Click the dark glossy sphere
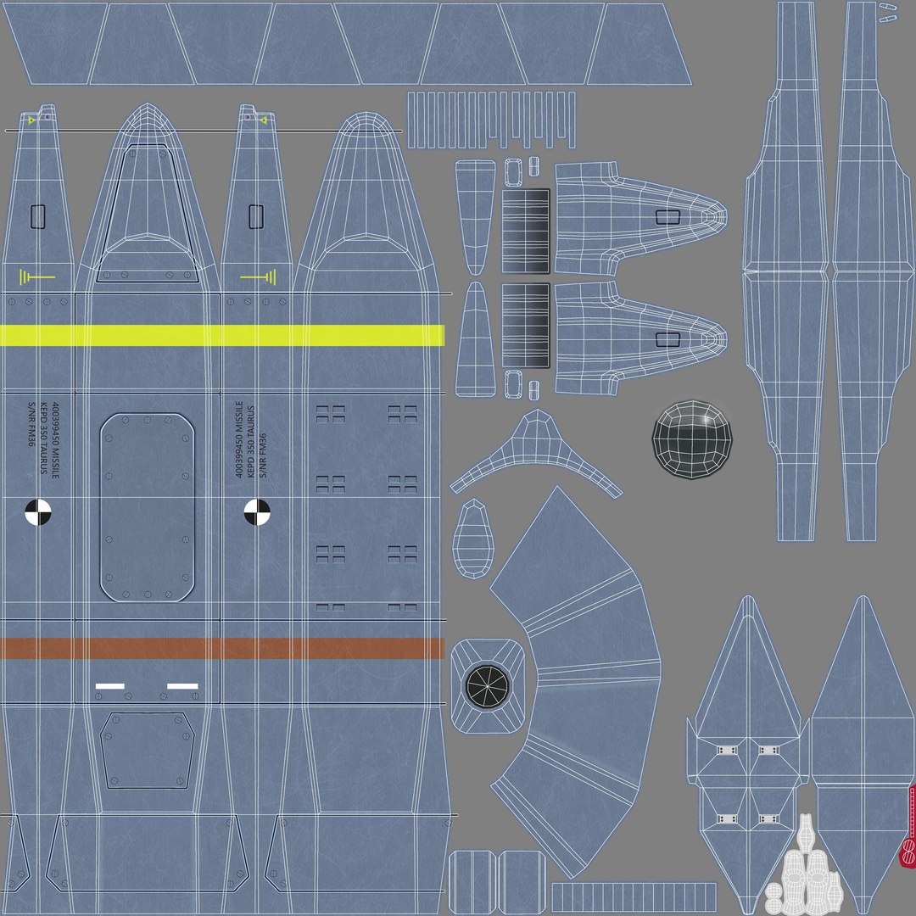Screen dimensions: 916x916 pyautogui.click(x=694, y=439)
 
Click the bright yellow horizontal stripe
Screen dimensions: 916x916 pyautogui.click(x=221, y=335)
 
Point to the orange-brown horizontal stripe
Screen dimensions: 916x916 pyautogui.click(x=221, y=648)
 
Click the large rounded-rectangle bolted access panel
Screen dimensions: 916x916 pyautogui.click(x=148, y=507)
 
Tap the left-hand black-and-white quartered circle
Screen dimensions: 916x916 pyautogui.click(x=38, y=511)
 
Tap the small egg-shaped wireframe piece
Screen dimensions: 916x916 pyautogui.click(x=475, y=539)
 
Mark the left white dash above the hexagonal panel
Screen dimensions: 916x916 pyautogui.click(x=110, y=685)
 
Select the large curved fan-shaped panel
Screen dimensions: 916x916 pyautogui.click(x=585, y=679)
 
